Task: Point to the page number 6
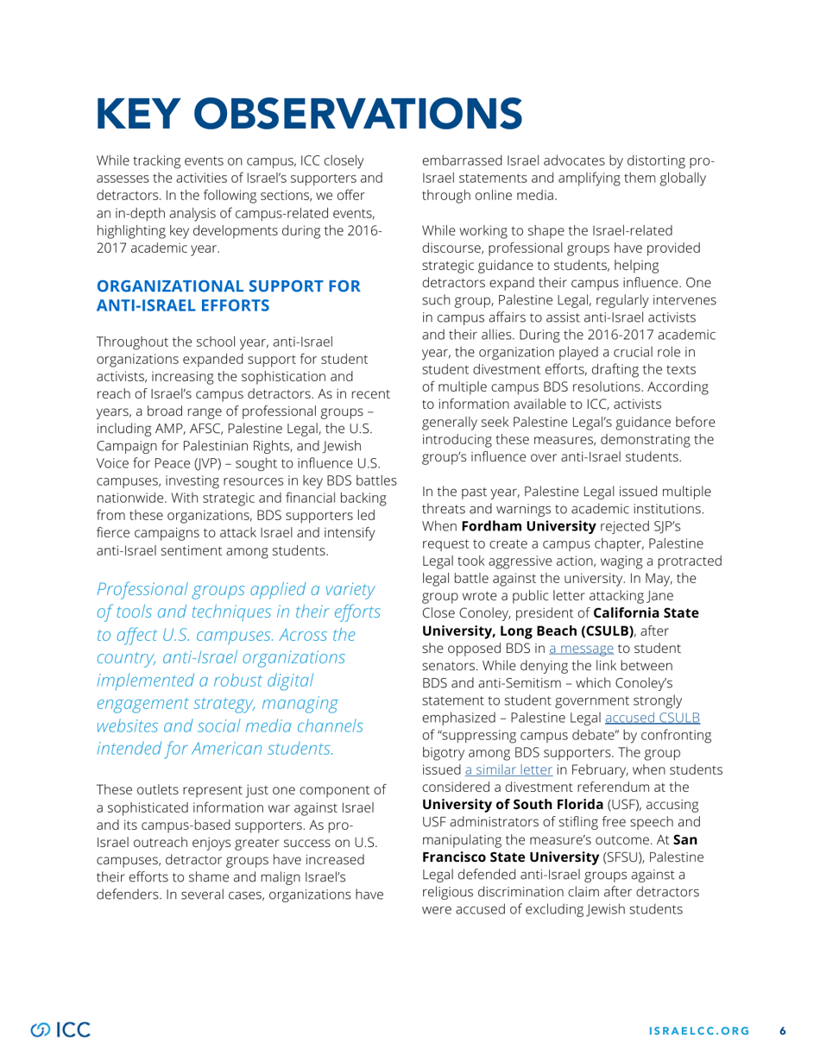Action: [784, 1030]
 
